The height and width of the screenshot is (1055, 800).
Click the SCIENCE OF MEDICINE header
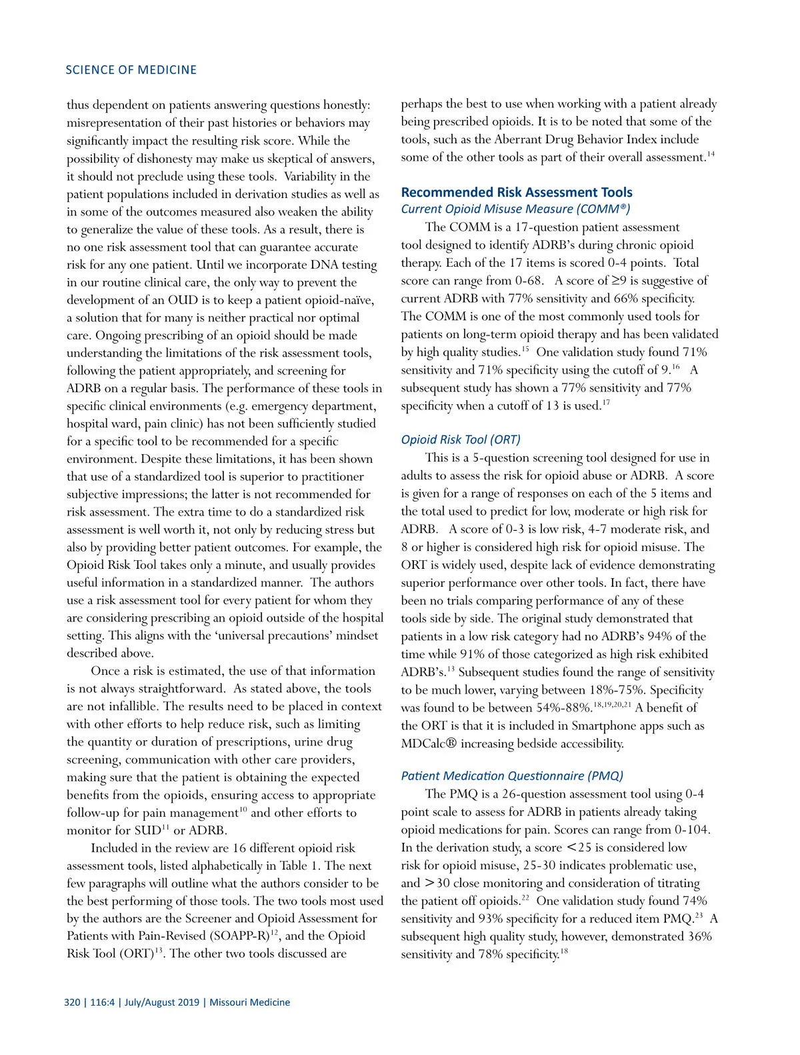pyautogui.click(x=131, y=70)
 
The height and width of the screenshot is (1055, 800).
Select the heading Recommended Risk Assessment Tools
pyautogui.click(x=517, y=193)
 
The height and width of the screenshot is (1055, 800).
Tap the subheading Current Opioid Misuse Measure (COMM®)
pyautogui.click(x=515, y=209)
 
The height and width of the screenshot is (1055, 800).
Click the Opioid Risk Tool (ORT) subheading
pyautogui.click(x=461, y=439)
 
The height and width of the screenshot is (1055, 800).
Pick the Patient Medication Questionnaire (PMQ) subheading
pyautogui.click(x=512, y=776)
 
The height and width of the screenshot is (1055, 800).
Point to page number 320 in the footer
pyautogui.click(x=72, y=1002)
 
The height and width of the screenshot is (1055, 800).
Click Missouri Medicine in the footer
pyautogui.click(x=250, y=1002)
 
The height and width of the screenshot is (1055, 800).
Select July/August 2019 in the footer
pyautogui.click(x=161, y=1002)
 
